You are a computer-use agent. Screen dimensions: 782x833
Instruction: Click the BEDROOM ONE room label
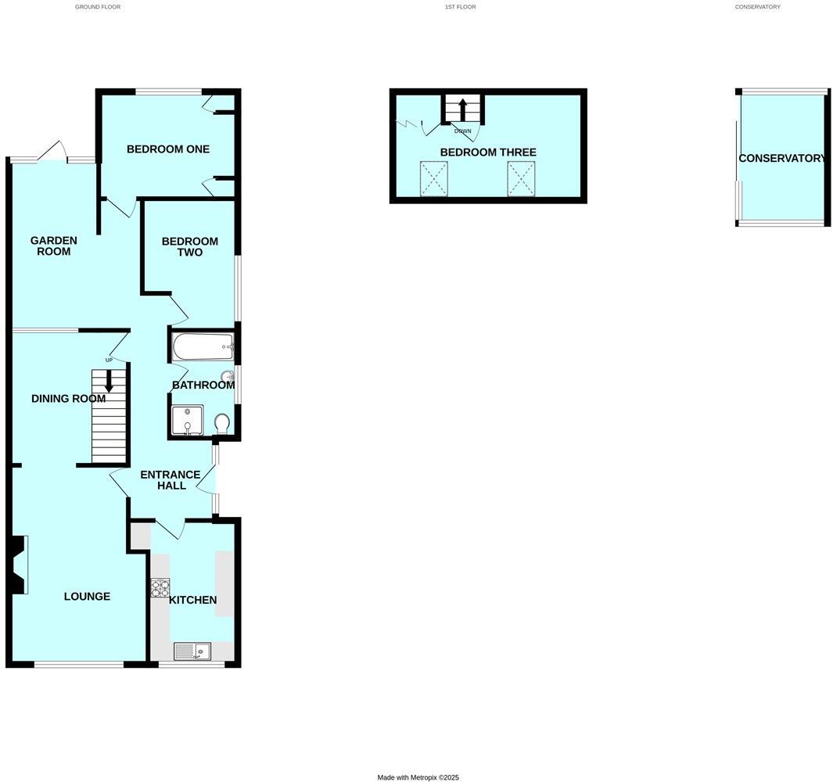168,149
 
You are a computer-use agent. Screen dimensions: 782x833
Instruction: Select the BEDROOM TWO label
190,247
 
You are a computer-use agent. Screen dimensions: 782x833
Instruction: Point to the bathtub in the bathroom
201,346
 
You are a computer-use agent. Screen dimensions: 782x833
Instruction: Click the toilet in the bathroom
221,424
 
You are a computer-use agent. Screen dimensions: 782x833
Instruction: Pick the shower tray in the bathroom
186,420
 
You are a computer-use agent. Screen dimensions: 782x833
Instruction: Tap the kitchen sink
192,651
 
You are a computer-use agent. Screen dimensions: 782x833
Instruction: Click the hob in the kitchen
160,587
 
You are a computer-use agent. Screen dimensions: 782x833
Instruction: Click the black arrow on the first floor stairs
462,107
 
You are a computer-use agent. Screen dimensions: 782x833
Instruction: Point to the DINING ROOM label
68,399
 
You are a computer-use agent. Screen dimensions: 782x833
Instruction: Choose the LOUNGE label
87,597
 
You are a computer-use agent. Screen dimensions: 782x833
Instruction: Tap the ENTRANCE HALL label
171,480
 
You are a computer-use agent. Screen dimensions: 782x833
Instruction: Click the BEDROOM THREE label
488,152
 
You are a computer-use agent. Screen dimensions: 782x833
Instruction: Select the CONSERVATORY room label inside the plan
782,158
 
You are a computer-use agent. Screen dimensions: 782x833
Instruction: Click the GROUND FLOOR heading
98,7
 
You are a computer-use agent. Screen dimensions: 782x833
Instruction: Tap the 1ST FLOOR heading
460,7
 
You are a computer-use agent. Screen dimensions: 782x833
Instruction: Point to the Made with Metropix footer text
418,777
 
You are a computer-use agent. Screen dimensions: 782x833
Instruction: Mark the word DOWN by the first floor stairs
463,131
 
